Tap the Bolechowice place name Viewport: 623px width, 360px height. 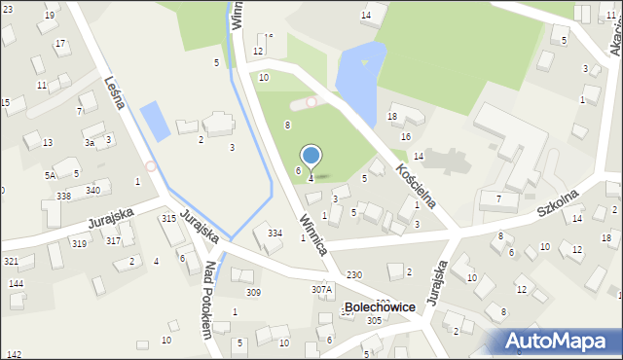pyautogui.click(x=379, y=306)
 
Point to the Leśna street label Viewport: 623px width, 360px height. pyautogui.click(x=116, y=90)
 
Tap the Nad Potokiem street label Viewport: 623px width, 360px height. pyautogui.click(x=207, y=299)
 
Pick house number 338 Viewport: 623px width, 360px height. pyautogui.click(x=63, y=196)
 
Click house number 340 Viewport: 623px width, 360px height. pyautogui.click(x=92, y=190)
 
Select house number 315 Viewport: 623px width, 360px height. pyautogui.click(x=168, y=218)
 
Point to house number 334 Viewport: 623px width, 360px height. pyautogui.click(x=275, y=233)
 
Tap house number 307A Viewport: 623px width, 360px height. pyautogui.click(x=321, y=289)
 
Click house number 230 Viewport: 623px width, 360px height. pyautogui.click(x=353, y=275)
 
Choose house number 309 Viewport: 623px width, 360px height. pyautogui.click(x=253, y=292)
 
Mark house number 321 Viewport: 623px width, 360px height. pyautogui.click(x=11, y=262)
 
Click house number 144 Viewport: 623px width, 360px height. pyautogui.click(x=16, y=283)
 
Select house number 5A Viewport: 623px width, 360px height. pyautogui.click(x=50, y=175)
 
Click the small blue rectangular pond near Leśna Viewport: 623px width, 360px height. pyautogui.click(x=155, y=121)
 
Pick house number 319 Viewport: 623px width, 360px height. pyautogui.click(x=78, y=244)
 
